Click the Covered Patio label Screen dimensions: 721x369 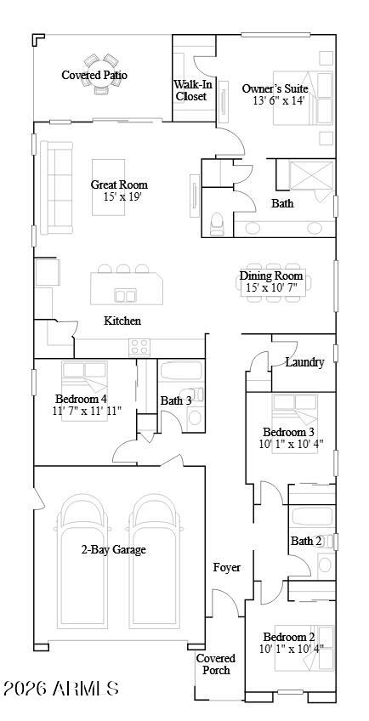click(94, 76)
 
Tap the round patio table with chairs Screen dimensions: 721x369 click(100, 63)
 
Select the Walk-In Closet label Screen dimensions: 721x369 click(191, 90)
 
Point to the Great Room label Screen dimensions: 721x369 click(119, 185)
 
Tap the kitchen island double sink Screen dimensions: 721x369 click(126, 295)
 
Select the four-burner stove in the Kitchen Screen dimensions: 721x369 click(139, 346)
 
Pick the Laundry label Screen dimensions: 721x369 click(304, 362)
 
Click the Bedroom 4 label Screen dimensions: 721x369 click(82, 399)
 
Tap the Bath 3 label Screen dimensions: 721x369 click(176, 400)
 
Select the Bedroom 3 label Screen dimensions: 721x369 click(288, 432)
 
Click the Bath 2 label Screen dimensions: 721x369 click(306, 541)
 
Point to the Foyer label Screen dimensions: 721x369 click(226, 567)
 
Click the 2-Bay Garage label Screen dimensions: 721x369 click(113, 549)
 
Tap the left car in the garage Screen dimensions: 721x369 click(82, 561)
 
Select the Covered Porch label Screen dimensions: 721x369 click(215, 664)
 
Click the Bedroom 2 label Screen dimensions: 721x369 click(288, 637)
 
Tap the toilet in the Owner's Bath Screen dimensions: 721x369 click(218, 224)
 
